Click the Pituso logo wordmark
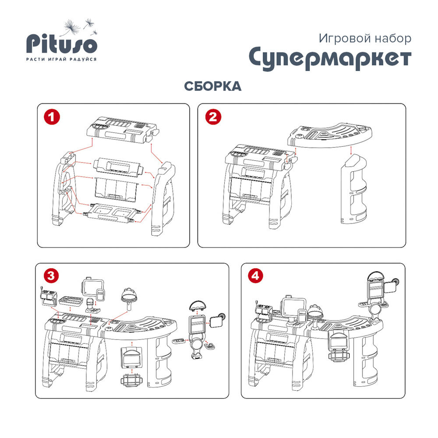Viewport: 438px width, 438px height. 62,44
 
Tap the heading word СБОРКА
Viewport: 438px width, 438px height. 212,86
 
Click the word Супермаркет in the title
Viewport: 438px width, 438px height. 330,58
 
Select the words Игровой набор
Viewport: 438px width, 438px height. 365,38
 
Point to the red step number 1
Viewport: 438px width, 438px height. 52,117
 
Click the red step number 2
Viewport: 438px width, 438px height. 213,117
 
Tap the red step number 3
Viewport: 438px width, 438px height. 51,276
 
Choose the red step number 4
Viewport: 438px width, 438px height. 255,276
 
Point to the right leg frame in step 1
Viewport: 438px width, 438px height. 162,198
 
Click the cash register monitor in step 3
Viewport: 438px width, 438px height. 92,287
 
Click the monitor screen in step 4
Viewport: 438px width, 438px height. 293,307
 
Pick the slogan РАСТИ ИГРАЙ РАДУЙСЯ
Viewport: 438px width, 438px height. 61,59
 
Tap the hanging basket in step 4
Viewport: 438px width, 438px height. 339,355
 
